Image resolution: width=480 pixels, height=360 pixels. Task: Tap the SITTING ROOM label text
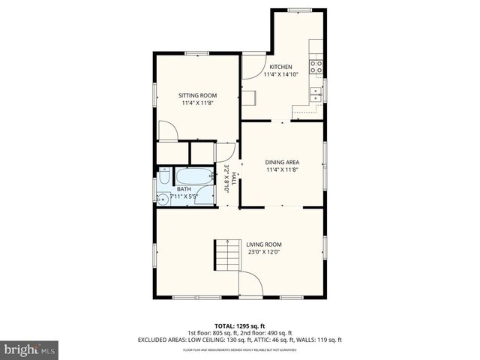pos(197,95)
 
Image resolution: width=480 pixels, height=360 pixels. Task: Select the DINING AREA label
pos(282,162)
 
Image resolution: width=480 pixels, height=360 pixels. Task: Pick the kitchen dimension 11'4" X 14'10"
pos(282,75)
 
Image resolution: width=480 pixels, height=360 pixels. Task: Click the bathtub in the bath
pos(194,177)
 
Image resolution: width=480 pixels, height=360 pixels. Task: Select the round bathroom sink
pos(162,198)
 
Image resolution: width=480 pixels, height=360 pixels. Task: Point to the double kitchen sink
pos(316,93)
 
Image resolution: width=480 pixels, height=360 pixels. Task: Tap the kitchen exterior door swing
pos(253,64)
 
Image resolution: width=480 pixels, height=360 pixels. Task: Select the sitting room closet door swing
pos(168,131)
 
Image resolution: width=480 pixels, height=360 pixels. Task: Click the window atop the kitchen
pos(298,9)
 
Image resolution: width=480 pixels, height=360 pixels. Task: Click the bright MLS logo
pos(30,349)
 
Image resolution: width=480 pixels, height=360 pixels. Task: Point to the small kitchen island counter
pos(248,98)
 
